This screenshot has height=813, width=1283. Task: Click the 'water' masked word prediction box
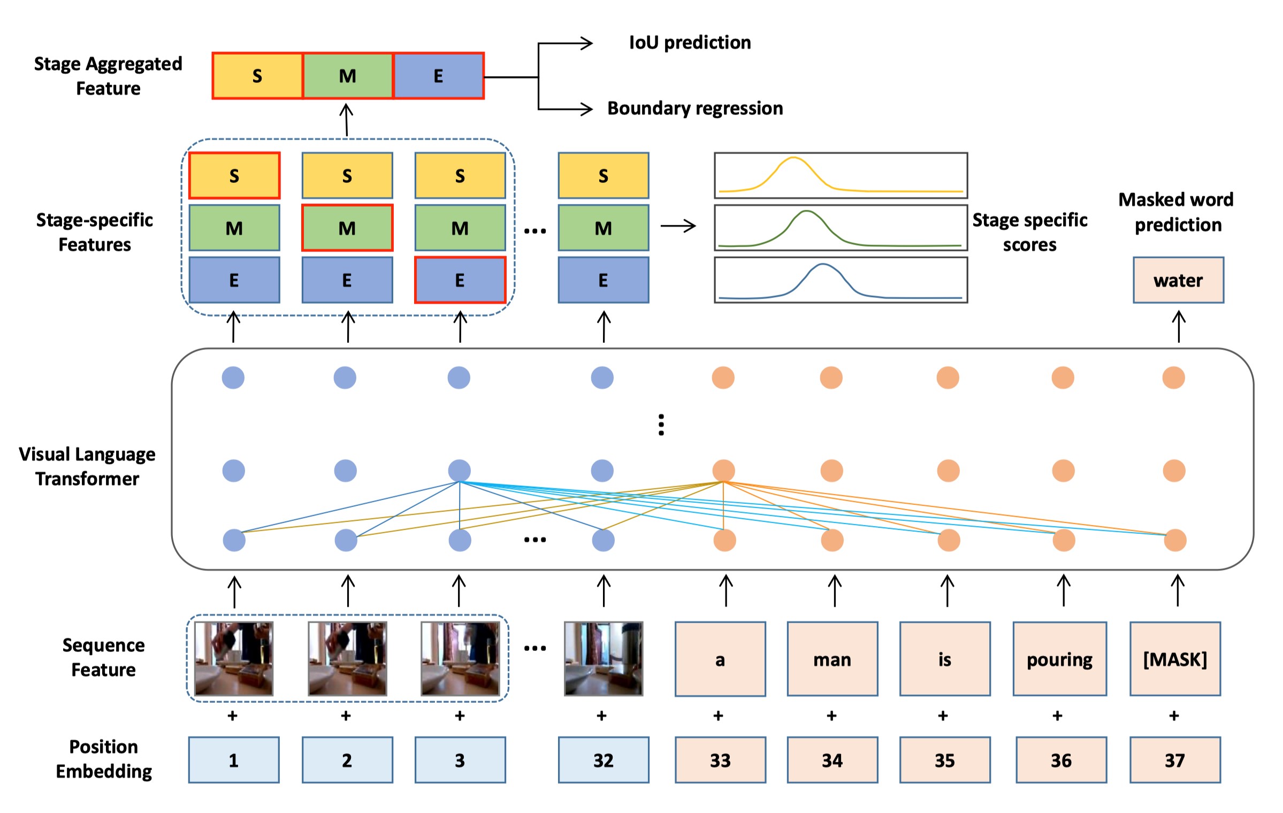coord(1178,280)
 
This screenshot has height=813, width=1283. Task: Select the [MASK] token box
coord(1175,658)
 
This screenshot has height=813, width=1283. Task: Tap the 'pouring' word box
coord(1059,658)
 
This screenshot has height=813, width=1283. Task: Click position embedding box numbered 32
coord(603,760)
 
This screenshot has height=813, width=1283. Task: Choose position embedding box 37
coord(1175,760)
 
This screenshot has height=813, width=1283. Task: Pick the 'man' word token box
coord(832,658)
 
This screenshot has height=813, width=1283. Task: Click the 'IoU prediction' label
coord(690,42)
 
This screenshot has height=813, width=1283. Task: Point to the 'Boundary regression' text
coord(695,108)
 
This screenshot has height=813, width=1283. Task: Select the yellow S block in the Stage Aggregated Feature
coord(257,75)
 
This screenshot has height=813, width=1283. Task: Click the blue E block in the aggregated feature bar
coord(438,75)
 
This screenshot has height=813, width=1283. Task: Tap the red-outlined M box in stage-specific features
coord(347,227)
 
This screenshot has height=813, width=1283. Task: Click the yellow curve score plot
coord(841,175)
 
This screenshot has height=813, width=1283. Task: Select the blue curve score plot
coord(841,280)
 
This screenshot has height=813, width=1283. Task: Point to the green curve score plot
coord(841,227)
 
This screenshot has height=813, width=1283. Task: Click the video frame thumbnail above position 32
coord(604,658)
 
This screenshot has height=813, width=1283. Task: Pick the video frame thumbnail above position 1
coord(234,658)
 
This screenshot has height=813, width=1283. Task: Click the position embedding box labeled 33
coord(720,760)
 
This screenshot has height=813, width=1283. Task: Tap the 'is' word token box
coord(945,658)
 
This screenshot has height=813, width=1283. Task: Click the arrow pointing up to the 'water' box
coord(1179,327)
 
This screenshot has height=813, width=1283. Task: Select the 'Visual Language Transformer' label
coord(87,466)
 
